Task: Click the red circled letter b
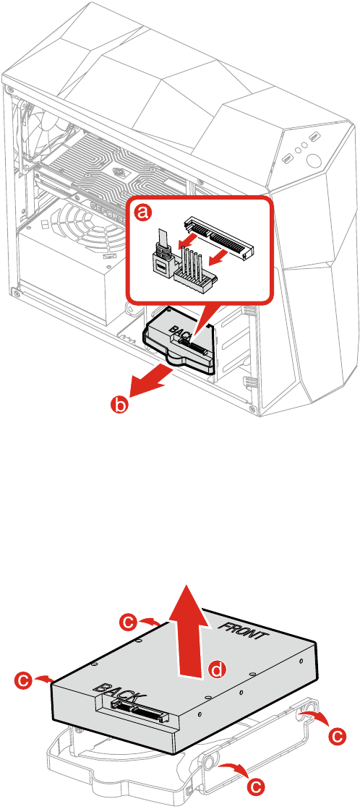121,404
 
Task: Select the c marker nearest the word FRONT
129,621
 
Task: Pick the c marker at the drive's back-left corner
23,680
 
